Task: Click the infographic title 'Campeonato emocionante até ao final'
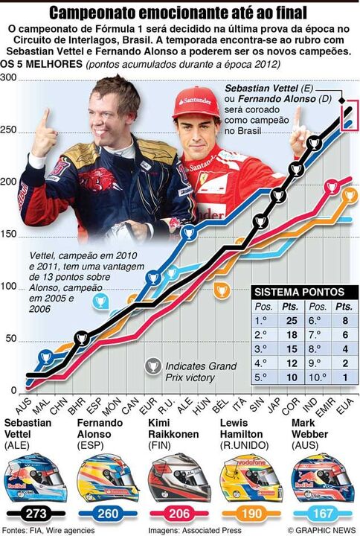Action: tap(179, 12)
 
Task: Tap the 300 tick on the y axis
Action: tap(8, 79)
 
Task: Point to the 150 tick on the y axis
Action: tap(8, 235)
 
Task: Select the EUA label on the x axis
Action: tap(346, 404)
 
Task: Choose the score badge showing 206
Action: tap(177, 514)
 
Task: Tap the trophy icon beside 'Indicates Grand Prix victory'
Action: tap(153, 367)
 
